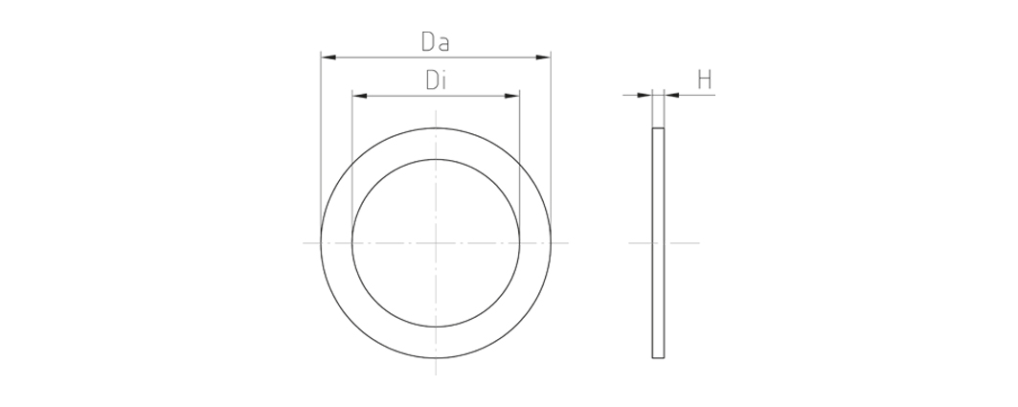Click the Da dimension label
pyautogui.click(x=435, y=42)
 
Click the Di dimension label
pyautogui.click(x=436, y=80)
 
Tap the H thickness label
pyautogui.click(x=705, y=80)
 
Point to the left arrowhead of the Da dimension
pyautogui.click(x=328, y=57)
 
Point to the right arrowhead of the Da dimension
pyautogui.click(x=543, y=57)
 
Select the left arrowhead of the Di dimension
pyautogui.click(x=360, y=96)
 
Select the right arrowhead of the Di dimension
pyautogui.click(x=511, y=96)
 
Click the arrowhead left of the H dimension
pyautogui.click(x=645, y=96)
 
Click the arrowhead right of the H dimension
pyautogui.click(x=672, y=96)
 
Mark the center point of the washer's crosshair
pyautogui.click(x=436, y=243)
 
